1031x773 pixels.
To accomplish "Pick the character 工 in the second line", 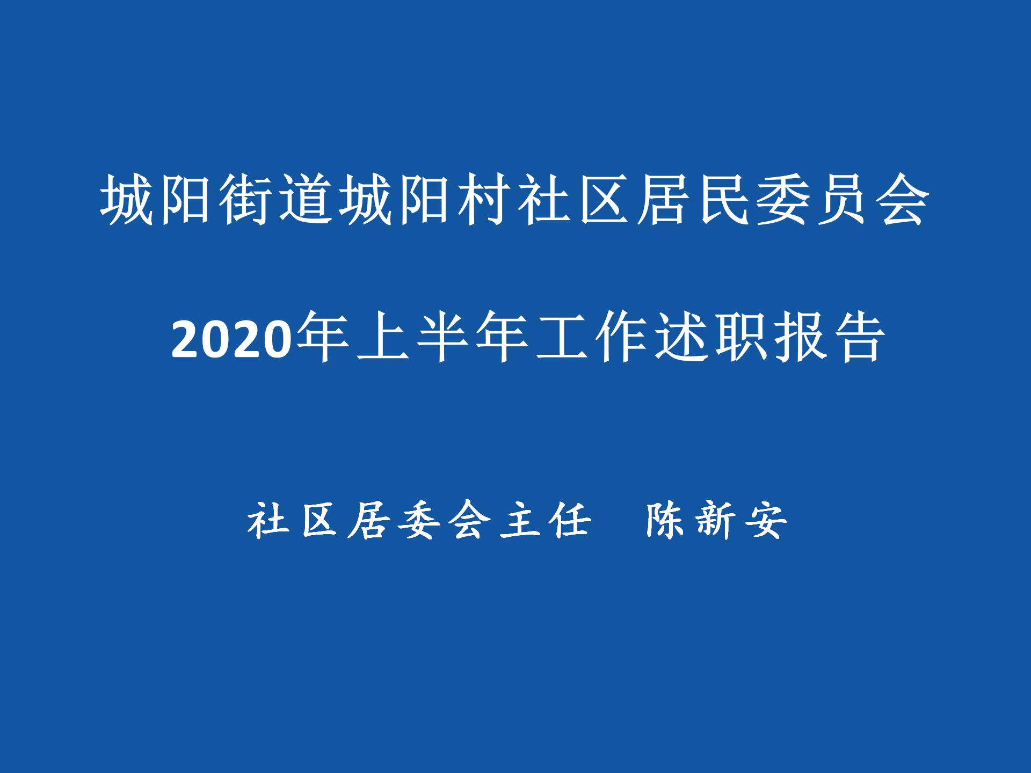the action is [562, 337].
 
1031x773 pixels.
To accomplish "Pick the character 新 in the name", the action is [717, 520].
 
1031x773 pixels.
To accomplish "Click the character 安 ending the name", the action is [768, 520].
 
